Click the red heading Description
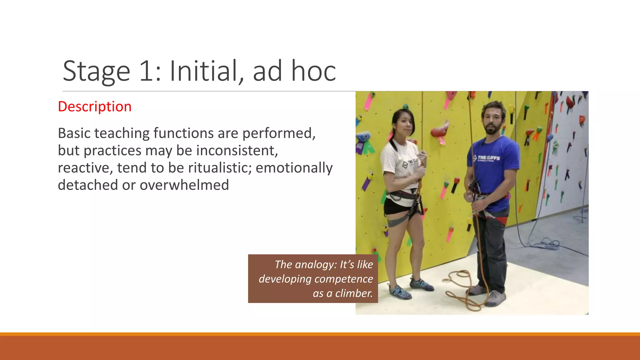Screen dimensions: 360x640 click(x=95, y=107)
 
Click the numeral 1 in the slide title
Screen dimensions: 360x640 click(x=146, y=72)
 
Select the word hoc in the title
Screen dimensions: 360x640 click(x=313, y=72)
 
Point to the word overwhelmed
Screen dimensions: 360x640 click(x=184, y=185)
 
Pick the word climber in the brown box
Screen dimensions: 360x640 click(x=354, y=293)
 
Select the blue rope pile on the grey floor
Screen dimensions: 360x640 click(x=547, y=243)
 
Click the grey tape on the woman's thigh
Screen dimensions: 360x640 click(x=396, y=223)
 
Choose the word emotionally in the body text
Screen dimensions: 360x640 click(x=294, y=168)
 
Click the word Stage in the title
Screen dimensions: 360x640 click(x=97, y=72)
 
